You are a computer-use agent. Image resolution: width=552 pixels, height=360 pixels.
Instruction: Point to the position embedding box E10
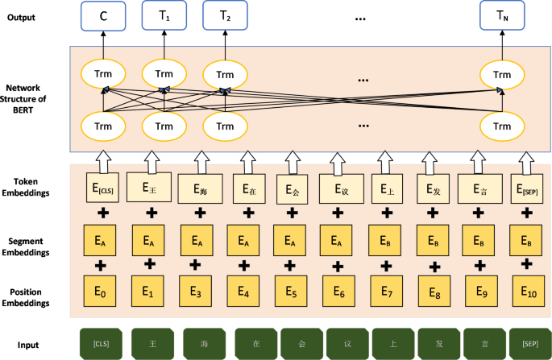click(x=529, y=292)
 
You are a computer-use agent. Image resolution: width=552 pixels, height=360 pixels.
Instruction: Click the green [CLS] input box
click(x=102, y=343)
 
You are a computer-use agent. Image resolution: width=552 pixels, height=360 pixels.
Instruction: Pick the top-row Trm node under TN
click(x=502, y=76)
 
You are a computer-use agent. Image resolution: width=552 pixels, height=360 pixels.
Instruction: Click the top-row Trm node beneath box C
click(x=104, y=76)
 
